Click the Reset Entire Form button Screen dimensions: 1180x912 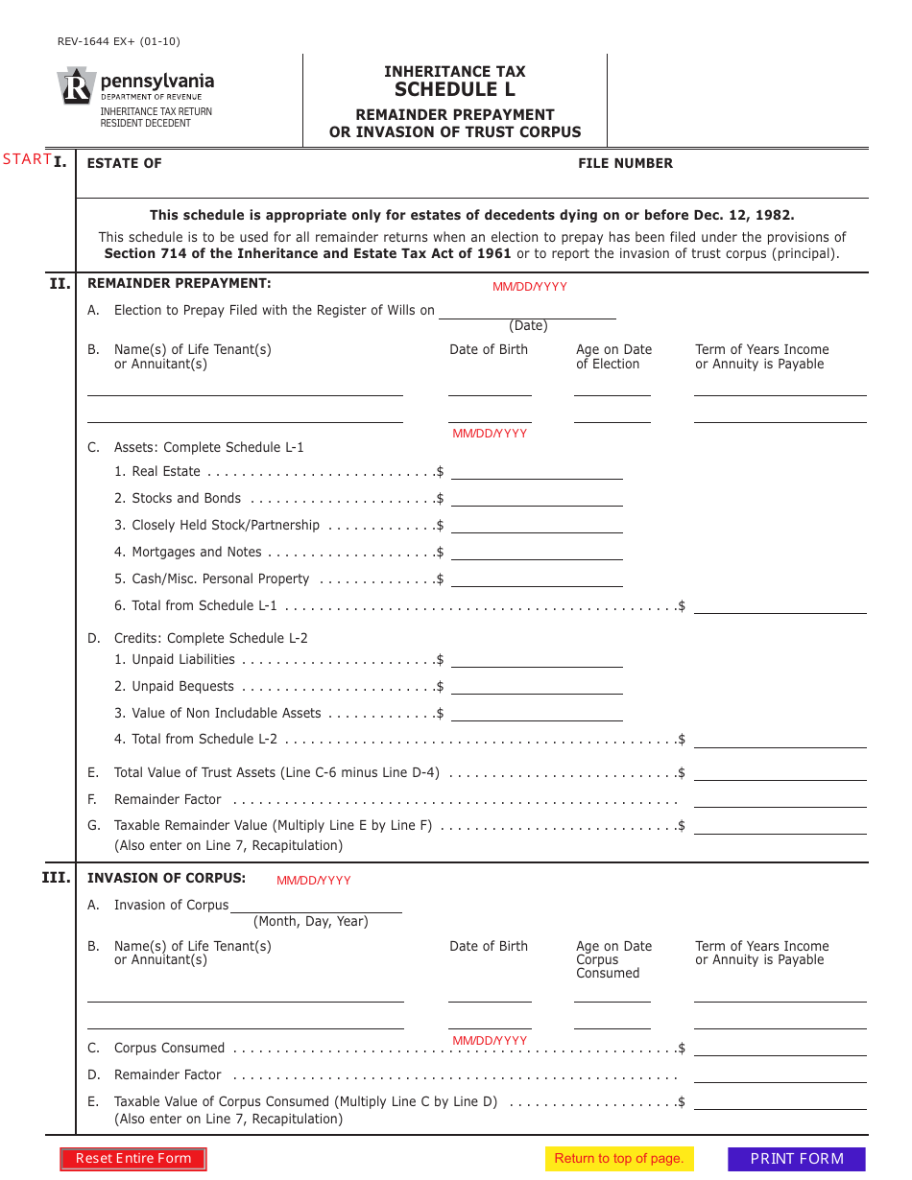(133, 1158)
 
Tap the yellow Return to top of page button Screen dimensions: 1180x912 (619, 1158)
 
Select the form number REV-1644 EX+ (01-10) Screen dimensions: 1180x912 (119, 41)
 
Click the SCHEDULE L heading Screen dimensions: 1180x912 (455, 89)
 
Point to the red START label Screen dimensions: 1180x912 (27, 159)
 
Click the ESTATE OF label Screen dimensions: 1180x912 (125, 163)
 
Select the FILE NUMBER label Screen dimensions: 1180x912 (625, 163)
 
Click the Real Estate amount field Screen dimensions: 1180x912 (537, 471)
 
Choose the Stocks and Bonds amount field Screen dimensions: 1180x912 (537, 498)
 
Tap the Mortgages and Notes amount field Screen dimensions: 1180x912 (537, 552)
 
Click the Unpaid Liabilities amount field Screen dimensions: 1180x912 (537, 659)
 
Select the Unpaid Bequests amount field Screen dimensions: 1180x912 (537, 686)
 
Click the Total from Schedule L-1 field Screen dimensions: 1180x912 (780, 605)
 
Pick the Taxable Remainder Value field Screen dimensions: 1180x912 (780, 825)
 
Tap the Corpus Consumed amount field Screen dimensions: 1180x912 (780, 1048)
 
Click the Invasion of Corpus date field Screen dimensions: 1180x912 (316, 905)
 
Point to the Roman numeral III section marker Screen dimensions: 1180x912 (56, 878)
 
